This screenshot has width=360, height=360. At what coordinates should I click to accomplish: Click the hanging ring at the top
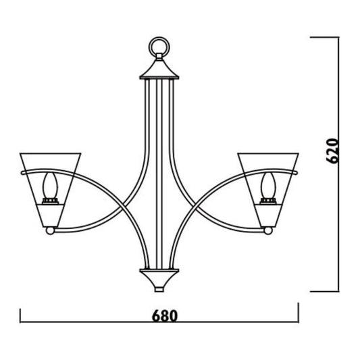point(157,46)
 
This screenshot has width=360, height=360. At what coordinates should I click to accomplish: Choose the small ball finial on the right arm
point(267,231)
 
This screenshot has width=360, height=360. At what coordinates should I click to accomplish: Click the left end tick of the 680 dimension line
point(21,316)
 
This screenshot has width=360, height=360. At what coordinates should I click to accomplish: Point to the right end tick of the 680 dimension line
point(298,312)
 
